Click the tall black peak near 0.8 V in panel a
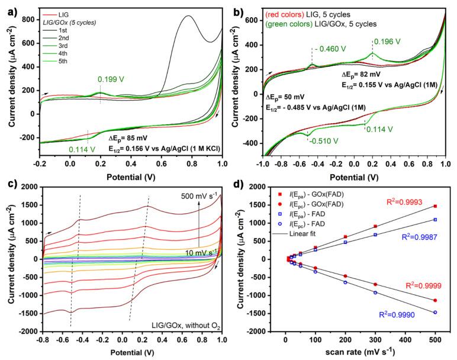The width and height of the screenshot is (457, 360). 188,17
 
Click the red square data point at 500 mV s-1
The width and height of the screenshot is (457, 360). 435,206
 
